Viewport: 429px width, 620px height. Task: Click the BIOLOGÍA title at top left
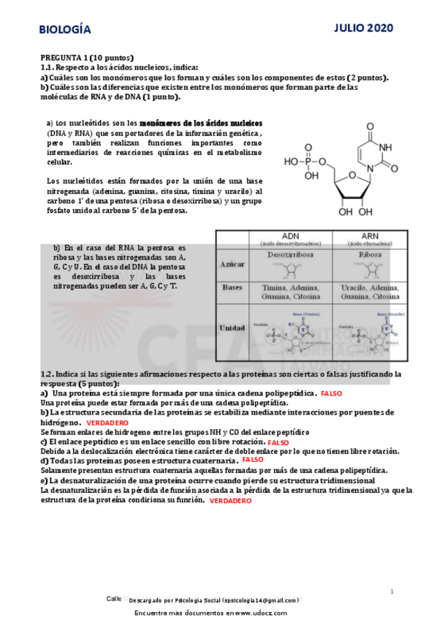click(65, 29)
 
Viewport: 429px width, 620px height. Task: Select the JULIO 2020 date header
click(364, 28)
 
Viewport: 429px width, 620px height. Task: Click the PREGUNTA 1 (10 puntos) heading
click(87, 57)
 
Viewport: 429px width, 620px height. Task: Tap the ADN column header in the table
click(290, 235)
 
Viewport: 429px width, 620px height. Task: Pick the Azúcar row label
click(232, 266)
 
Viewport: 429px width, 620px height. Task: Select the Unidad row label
click(232, 328)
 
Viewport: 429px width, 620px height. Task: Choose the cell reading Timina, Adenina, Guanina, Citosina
click(290, 293)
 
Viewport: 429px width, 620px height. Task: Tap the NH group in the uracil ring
click(384, 147)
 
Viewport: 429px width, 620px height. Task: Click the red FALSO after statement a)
click(331, 393)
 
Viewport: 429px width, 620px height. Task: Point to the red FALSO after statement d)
click(253, 460)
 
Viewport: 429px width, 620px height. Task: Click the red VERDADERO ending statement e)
click(230, 501)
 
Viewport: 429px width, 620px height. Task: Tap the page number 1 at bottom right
click(392, 591)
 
